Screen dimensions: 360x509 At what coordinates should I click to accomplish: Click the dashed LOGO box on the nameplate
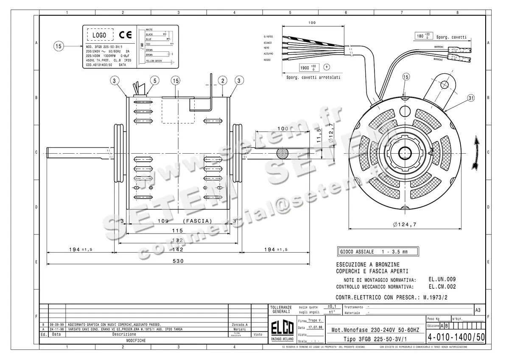[100, 35]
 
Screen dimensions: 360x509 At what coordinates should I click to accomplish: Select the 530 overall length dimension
[179, 261]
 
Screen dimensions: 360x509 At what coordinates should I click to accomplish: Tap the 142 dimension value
[179, 250]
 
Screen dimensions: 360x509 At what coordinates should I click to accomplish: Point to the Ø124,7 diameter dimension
[403, 224]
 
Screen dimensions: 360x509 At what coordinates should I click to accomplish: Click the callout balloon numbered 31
[471, 98]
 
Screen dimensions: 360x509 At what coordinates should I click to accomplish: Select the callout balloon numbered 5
[154, 80]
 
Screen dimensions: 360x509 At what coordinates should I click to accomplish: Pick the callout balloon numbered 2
[223, 80]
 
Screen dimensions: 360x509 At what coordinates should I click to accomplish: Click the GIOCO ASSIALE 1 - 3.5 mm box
[377, 252]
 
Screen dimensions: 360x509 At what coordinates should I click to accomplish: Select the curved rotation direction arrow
[477, 153]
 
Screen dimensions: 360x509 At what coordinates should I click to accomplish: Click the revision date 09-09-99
[56, 324]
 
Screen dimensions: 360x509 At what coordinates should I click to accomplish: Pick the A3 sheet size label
[478, 310]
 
